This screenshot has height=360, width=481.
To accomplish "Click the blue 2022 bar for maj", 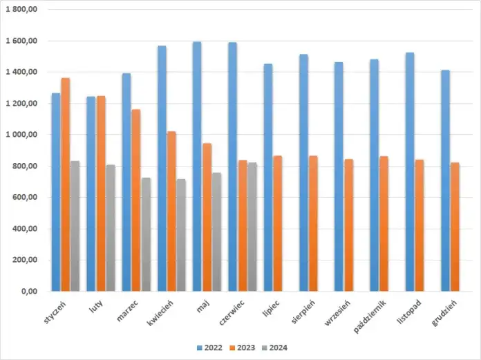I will click(x=197, y=166).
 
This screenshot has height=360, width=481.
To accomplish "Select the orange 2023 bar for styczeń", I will click(x=65, y=184).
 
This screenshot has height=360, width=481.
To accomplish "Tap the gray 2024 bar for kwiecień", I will click(x=180, y=235).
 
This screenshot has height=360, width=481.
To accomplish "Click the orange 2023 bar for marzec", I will click(x=135, y=200).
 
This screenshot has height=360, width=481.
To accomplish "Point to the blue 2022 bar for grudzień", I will click(x=445, y=180).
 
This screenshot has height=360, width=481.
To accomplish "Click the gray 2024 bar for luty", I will click(x=110, y=228).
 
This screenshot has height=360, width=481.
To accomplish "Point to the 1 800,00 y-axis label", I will click(x=23, y=10).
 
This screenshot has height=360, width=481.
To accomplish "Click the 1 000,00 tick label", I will click(x=23, y=135).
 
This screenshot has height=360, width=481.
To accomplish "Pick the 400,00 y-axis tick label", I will click(x=26, y=229).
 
